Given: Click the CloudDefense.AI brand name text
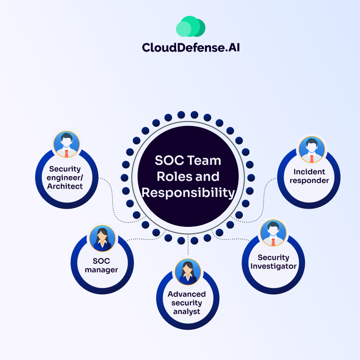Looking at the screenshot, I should point(190,47).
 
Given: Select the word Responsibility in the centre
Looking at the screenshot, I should point(188,193).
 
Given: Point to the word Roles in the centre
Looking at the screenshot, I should point(172,177).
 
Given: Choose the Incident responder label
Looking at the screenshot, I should point(309,176).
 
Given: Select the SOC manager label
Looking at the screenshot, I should point(101,265).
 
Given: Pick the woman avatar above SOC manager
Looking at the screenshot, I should point(102,238).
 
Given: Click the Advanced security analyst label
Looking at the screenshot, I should point(187,303).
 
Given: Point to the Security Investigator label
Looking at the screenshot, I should point(273,262).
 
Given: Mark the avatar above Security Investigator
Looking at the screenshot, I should point(273,233).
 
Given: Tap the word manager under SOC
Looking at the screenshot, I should point(101,270).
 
